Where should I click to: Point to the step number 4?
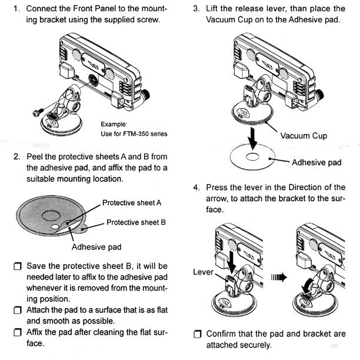coord(196,188)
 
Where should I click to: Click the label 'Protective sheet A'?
coord(132,203)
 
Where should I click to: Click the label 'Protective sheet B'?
coord(136,222)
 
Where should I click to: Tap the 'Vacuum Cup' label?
coord(303,136)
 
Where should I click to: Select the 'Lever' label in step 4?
coord(202,272)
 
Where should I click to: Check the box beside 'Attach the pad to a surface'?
coord(16,310)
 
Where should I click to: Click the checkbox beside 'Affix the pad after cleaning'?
coord(16,332)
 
